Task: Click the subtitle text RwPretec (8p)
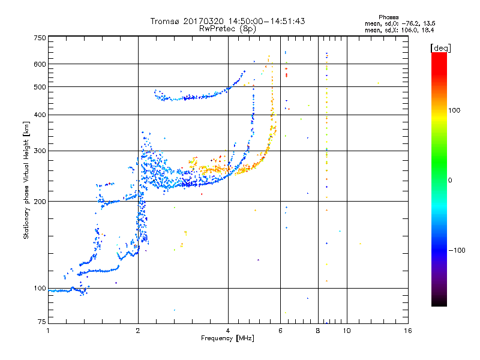point(228,28)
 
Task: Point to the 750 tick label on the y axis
point(40,37)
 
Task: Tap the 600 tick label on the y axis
point(40,64)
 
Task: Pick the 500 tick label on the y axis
point(40,86)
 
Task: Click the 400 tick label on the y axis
point(40,115)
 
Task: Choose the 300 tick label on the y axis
point(40,151)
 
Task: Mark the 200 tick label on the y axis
point(40,201)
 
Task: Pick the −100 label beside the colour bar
point(458,250)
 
